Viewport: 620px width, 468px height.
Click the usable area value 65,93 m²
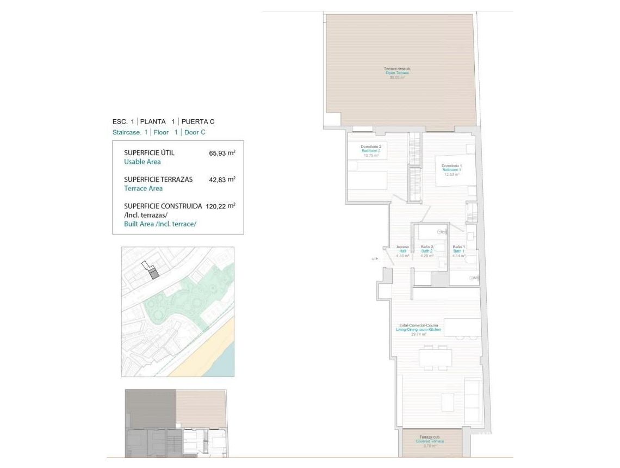(x=222, y=153)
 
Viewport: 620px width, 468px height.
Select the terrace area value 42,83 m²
(x=222, y=179)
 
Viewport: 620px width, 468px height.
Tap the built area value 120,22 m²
(x=220, y=206)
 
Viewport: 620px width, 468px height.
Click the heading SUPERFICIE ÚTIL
(x=149, y=153)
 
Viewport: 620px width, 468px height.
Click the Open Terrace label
(x=397, y=73)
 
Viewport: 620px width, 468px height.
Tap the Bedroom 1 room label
(x=451, y=169)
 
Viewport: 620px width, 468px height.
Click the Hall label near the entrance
(x=402, y=251)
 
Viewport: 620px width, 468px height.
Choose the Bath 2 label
(x=427, y=251)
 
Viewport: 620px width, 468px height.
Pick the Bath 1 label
(x=459, y=251)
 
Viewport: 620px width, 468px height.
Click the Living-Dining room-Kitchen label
(x=418, y=330)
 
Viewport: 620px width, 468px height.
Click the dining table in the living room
(x=435, y=358)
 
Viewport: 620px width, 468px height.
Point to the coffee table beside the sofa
(x=447, y=402)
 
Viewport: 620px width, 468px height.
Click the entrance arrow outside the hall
(x=374, y=259)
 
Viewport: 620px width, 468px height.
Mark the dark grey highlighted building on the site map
(x=154, y=274)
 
